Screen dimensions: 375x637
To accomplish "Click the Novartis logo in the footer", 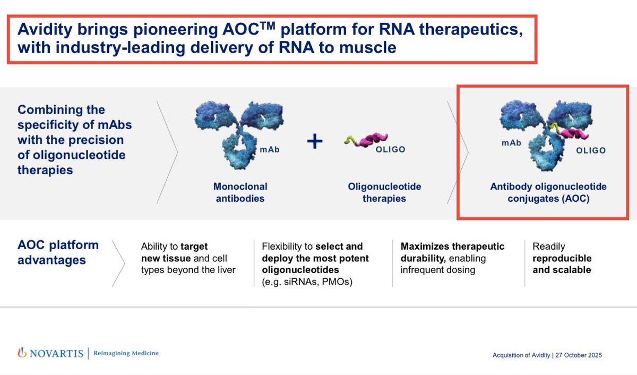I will (x=50, y=353).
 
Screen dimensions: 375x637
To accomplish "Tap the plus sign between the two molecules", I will (x=315, y=142).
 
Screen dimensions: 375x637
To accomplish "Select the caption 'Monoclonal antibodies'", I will (x=240, y=192).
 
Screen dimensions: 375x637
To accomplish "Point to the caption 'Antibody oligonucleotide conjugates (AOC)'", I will (x=548, y=192).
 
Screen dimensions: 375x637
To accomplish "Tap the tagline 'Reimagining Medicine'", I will (x=126, y=353).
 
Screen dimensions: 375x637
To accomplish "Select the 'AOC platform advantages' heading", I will (x=58, y=253).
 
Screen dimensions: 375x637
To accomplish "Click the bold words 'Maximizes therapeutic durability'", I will (x=452, y=252).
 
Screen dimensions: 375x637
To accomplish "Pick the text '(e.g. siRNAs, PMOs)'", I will (x=307, y=282).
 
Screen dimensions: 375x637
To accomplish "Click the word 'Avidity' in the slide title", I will (x=43, y=30).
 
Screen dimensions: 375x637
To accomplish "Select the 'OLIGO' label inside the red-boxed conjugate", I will (x=591, y=150).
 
